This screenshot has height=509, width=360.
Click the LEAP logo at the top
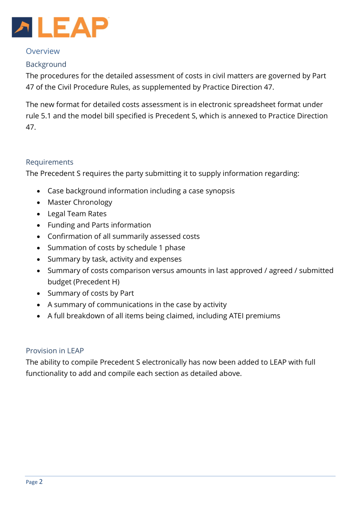[x=60, y=27]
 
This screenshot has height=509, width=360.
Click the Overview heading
[x=43, y=51]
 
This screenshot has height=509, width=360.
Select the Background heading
[x=46, y=64]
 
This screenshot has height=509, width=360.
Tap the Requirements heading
[x=49, y=162]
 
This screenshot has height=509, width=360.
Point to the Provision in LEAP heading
[x=54, y=351]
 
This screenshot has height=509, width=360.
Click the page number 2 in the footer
[x=41, y=482]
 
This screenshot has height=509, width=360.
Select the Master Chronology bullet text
[x=80, y=202]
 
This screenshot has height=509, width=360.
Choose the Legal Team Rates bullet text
[x=77, y=213]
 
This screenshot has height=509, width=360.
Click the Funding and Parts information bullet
[x=99, y=225]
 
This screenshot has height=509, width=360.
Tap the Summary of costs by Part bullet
[x=90, y=293]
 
